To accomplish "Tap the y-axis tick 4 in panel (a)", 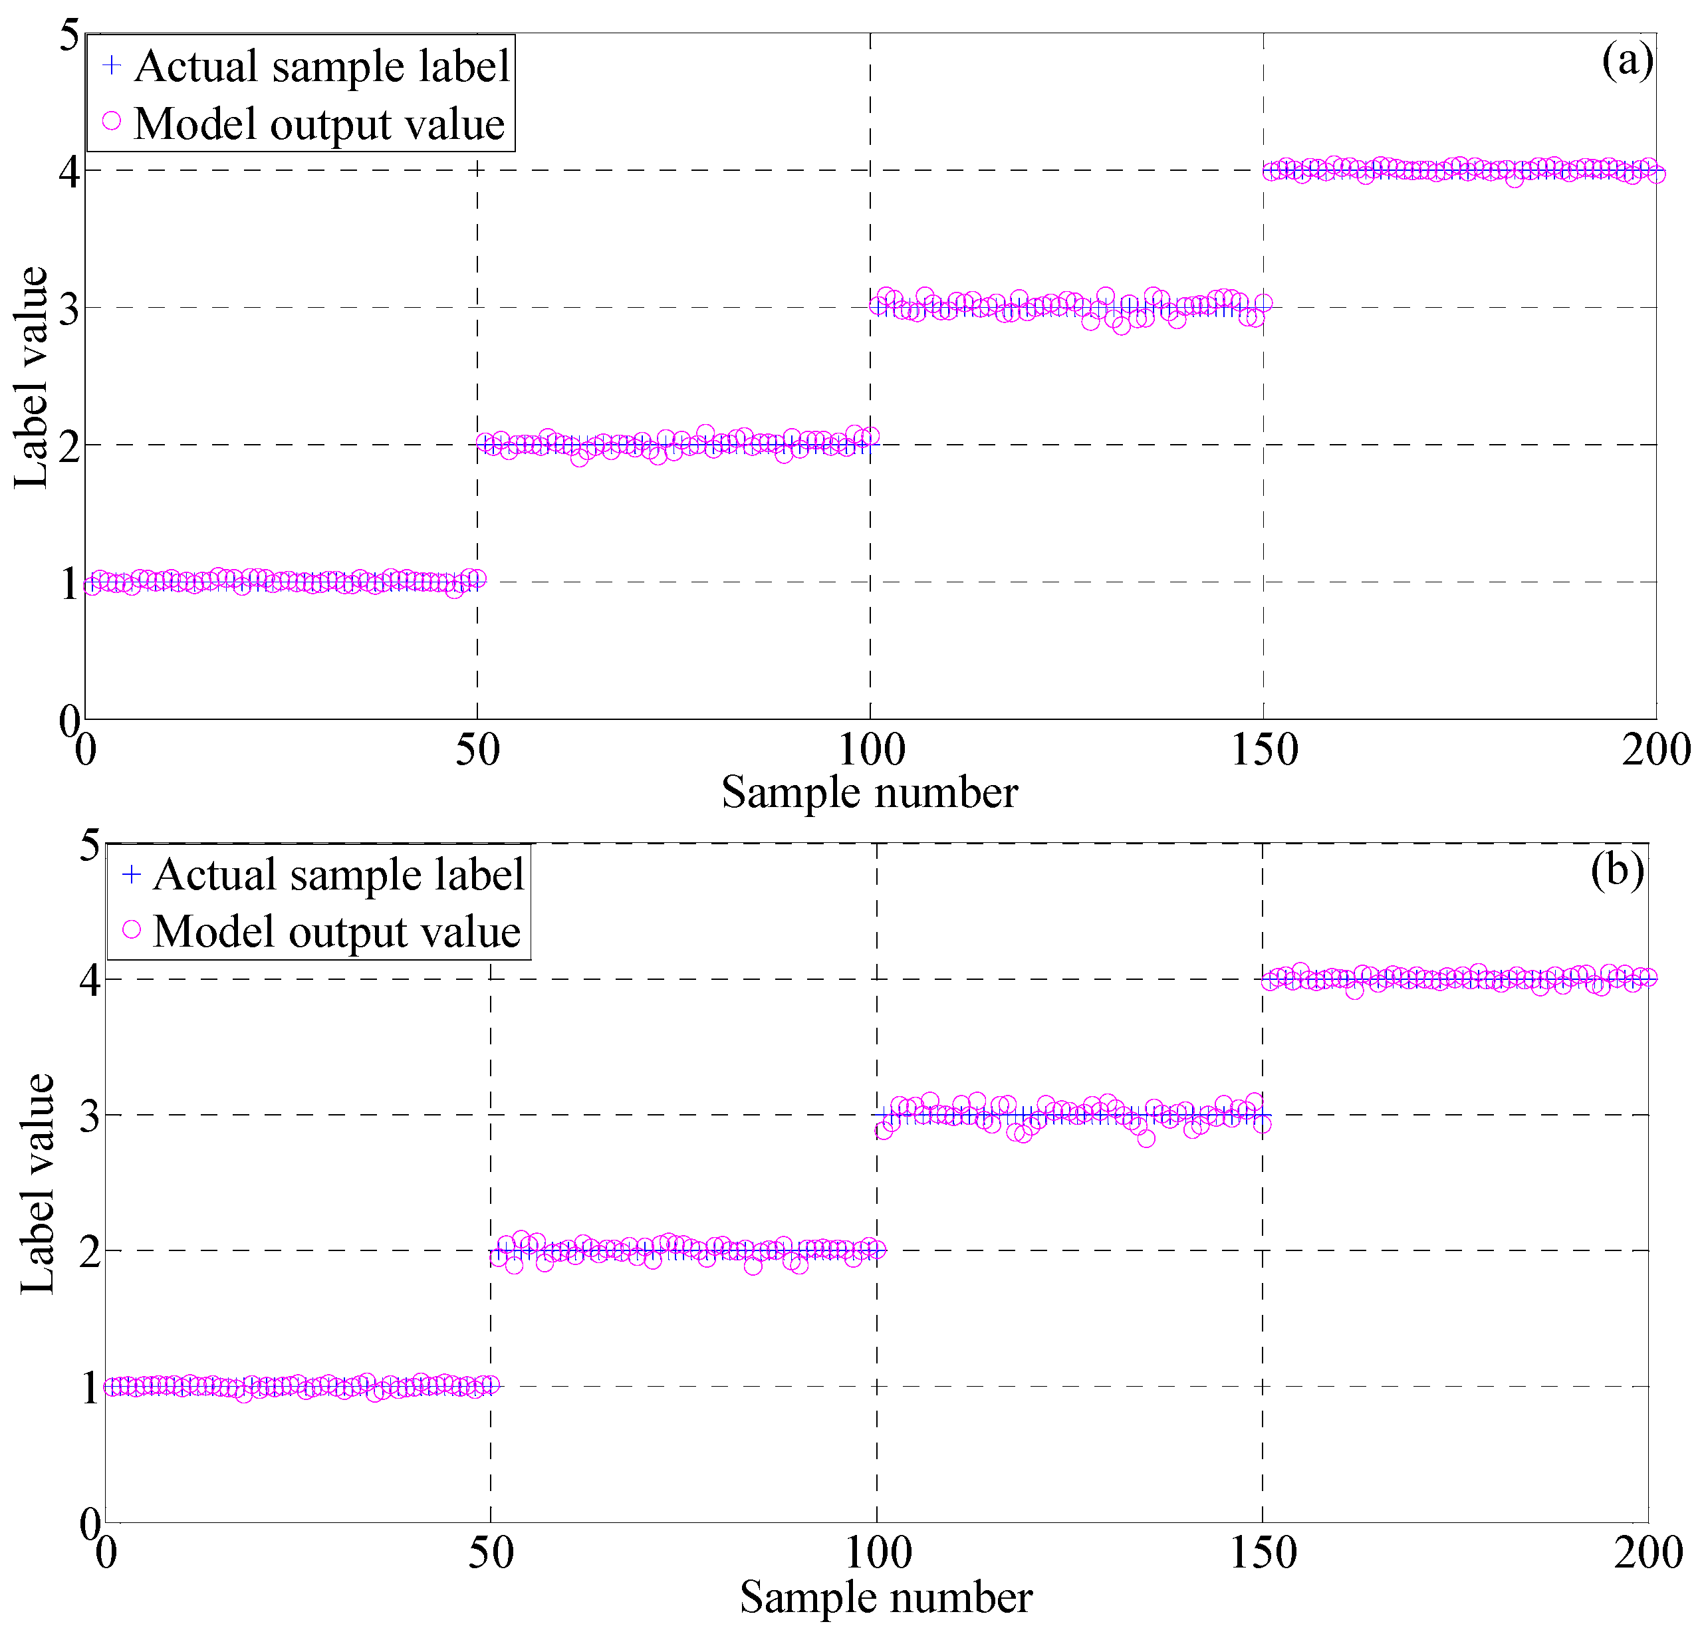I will [68, 172].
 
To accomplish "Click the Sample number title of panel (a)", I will [870, 792].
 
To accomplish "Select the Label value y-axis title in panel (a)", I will [31, 377].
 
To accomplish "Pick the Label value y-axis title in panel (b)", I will [37, 1183].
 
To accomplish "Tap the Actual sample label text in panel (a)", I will [322, 66].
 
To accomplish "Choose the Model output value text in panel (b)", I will [337, 931].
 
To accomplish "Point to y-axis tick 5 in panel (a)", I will [68, 37].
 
